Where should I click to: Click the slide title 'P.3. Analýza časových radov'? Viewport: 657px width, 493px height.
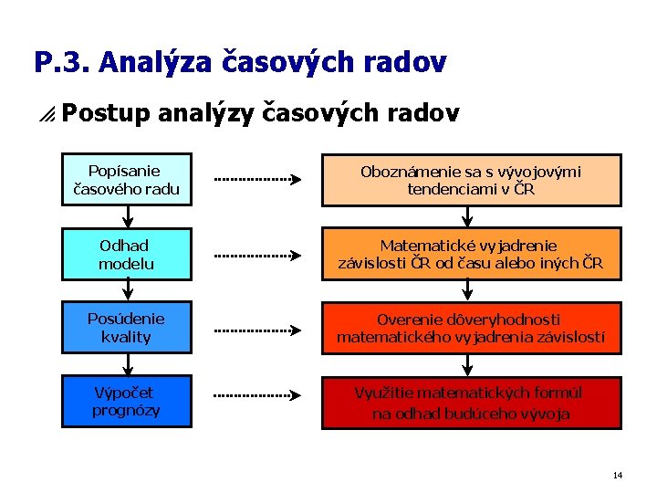(240, 62)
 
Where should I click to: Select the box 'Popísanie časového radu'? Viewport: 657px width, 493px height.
(127, 180)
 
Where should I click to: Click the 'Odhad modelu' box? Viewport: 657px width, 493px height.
(127, 254)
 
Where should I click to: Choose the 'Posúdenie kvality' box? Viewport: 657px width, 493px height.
(127, 328)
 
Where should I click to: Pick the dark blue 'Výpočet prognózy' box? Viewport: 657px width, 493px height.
(127, 402)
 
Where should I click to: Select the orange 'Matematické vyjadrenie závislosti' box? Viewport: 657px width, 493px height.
(471, 255)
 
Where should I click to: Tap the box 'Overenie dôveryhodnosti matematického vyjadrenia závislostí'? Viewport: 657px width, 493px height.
(471, 329)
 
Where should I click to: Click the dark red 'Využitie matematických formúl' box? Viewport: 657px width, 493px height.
(471, 403)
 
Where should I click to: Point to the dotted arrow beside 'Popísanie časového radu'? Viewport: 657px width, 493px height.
(257, 180)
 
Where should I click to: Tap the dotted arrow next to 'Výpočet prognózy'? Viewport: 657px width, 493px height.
(257, 395)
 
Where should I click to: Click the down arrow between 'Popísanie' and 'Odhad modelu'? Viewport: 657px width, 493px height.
(128, 216)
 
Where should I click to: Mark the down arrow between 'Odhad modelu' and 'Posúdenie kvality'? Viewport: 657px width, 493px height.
(128, 290)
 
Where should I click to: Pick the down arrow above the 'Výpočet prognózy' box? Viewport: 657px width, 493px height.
(128, 364)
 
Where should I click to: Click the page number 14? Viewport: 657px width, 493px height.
(618, 476)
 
